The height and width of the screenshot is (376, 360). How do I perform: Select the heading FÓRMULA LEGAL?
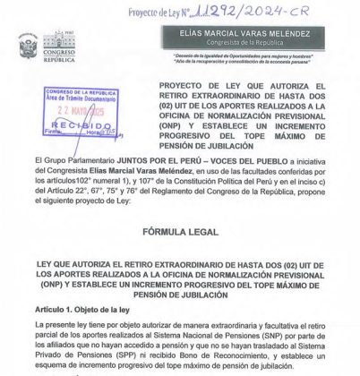click(179, 231)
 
